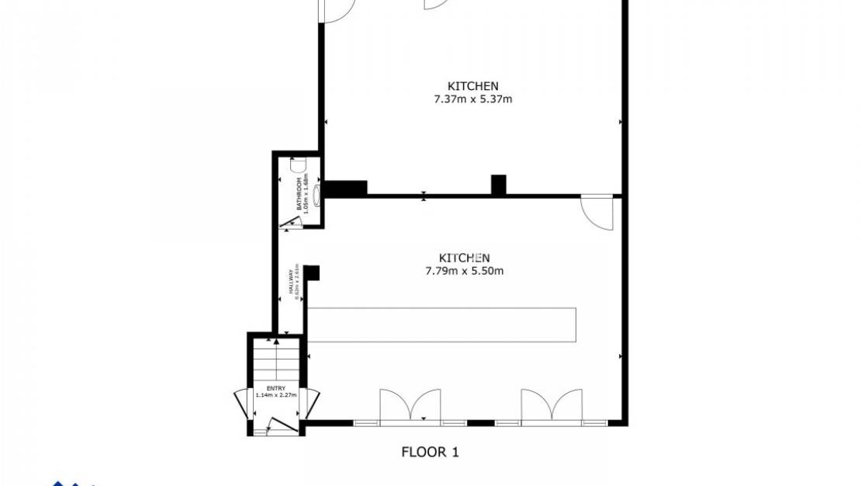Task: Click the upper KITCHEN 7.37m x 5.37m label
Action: (472, 92)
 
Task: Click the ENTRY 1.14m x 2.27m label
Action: (275, 391)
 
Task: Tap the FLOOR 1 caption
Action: (430, 452)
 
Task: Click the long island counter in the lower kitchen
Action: (442, 325)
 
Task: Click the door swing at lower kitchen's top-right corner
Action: (598, 212)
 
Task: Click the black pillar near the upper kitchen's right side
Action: (499, 185)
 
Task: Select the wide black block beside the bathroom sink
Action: (345, 188)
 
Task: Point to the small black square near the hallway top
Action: (312, 272)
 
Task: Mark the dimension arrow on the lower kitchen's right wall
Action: (621, 356)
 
